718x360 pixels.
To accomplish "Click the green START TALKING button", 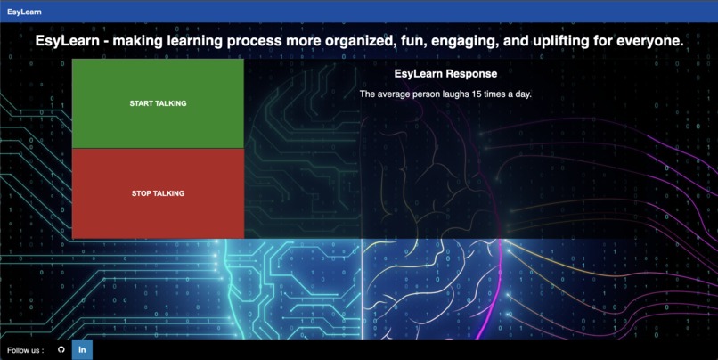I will pyautogui.click(x=158, y=103).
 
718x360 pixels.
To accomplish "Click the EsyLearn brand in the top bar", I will pyautogui.click(x=24, y=12).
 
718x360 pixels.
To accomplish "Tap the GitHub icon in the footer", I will pyautogui.click(x=61, y=349).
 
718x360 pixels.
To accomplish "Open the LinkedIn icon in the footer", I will pyautogui.click(x=82, y=349).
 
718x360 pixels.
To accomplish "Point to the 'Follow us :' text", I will pyautogui.click(x=25, y=350).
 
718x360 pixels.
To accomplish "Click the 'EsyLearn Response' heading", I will pyautogui.click(x=445, y=74).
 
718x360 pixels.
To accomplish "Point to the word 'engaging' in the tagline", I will pyautogui.click(x=471, y=42).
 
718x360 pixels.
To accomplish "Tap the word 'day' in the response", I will pyautogui.click(x=523, y=94).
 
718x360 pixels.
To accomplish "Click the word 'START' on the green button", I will pyautogui.click(x=141, y=103).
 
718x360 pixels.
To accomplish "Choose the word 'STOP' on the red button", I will pyautogui.click(x=142, y=193).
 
